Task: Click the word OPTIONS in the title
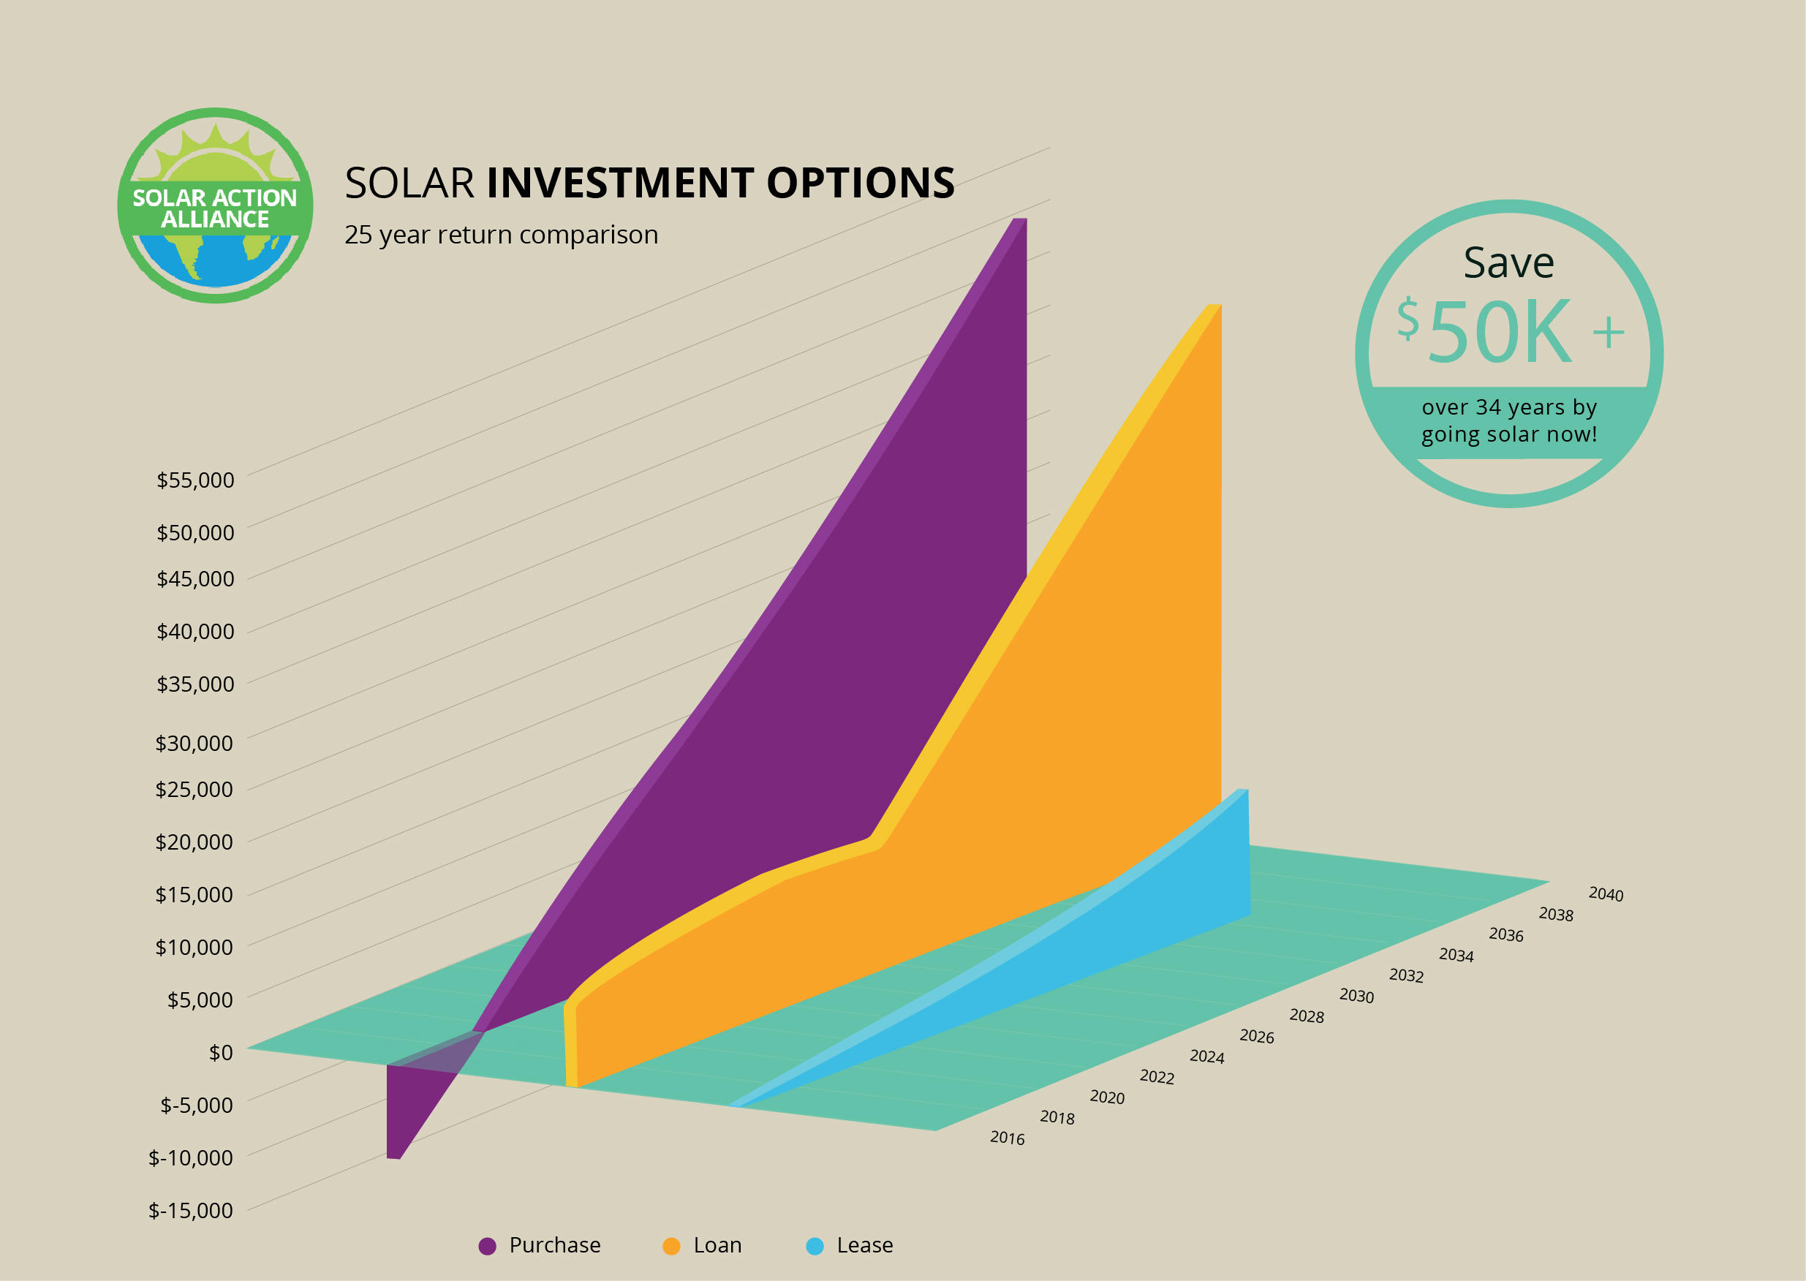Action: tap(861, 183)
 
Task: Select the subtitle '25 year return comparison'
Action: tap(501, 235)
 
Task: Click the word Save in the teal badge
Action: tap(1508, 262)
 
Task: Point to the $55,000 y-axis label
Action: tap(194, 480)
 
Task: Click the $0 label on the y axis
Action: tap(221, 1052)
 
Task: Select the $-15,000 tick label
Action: tap(191, 1210)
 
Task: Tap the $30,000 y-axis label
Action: tap(194, 743)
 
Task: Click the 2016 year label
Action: tap(1007, 1138)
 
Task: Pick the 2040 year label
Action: tap(1606, 893)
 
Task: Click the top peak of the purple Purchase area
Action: tap(1020, 219)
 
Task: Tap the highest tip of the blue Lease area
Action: tap(1243, 790)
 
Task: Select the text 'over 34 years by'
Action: tap(1508, 407)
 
